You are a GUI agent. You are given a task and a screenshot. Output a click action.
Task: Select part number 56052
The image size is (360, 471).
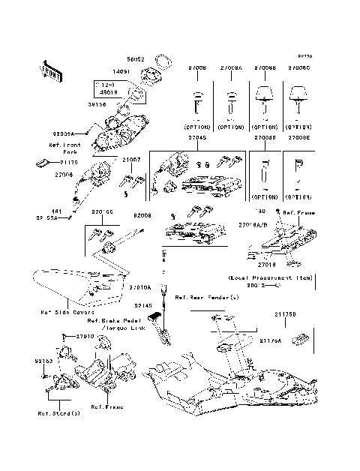[135, 57]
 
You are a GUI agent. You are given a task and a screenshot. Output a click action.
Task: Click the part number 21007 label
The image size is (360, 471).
[131, 160]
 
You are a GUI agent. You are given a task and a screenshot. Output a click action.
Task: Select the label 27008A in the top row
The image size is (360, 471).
[230, 67]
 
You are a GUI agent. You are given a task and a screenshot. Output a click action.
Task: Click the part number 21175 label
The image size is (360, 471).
[69, 162]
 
